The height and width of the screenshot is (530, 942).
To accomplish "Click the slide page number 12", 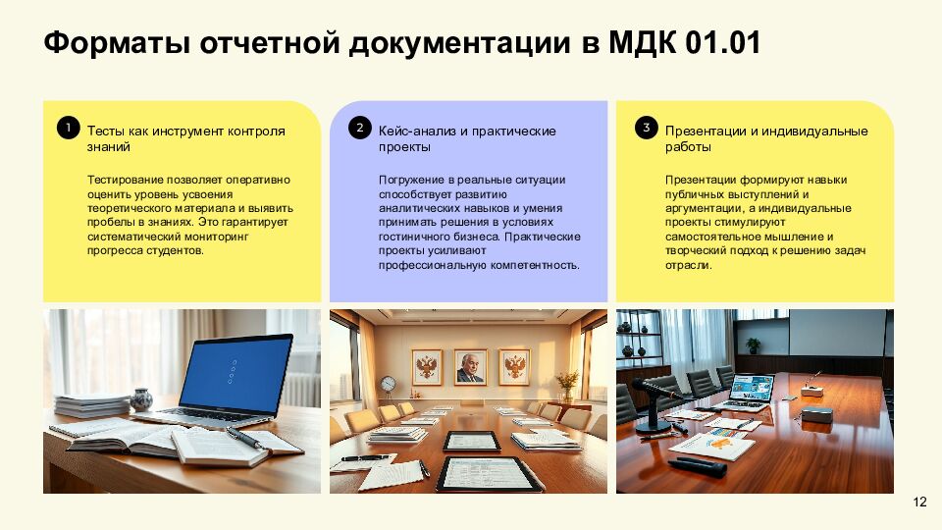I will click(919, 503).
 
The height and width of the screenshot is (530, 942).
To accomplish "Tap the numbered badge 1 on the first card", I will click(68, 128).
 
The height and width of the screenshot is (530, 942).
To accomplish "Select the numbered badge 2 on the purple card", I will click(359, 128).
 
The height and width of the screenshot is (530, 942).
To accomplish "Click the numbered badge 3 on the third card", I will click(645, 128).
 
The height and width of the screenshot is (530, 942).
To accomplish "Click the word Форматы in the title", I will click(117, 44).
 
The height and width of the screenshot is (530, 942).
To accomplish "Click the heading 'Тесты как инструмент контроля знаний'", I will click(185, 138).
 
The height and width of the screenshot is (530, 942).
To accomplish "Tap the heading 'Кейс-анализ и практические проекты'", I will click(467, 138).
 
